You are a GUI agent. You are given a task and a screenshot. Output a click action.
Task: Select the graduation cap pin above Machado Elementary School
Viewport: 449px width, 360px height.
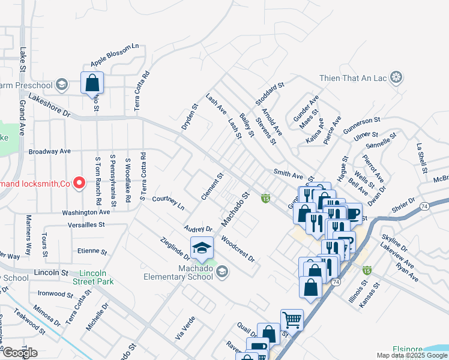pos(202,248)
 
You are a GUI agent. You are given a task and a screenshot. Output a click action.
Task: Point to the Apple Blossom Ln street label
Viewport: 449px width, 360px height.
pos(114,55)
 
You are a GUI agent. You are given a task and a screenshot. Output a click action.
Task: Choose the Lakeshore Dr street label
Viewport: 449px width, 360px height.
pos(49,105)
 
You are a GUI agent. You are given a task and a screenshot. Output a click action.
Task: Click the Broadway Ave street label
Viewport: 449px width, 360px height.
pos(49,151)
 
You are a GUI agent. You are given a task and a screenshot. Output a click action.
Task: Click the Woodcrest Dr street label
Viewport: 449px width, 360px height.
pos(238,249)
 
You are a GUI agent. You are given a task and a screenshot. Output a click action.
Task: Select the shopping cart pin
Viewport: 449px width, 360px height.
pos(292,320)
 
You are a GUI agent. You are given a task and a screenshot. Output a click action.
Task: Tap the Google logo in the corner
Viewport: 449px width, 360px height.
pos(20,352)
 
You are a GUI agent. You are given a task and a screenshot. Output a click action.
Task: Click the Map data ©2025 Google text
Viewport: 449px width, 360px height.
pos(412,355)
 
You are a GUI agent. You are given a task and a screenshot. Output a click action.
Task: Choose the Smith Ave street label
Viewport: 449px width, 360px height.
pos(288,173)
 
